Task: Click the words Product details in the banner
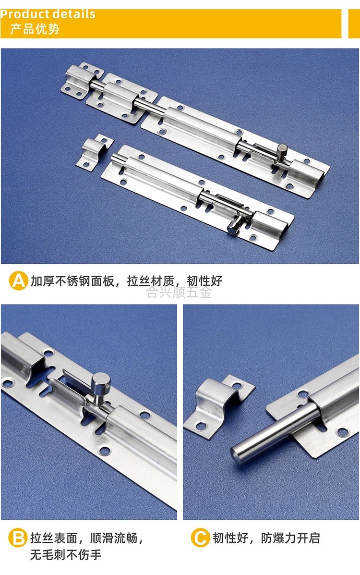(48, 14)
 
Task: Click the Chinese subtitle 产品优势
(35, 29)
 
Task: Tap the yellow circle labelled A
(19, 281)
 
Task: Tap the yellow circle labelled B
(17, 538)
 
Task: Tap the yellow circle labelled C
(200, 538)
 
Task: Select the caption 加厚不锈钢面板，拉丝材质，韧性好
(127, 281)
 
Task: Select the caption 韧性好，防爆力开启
(266, 538)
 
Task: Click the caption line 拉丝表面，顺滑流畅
(86, 538)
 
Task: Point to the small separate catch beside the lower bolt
(94, 151)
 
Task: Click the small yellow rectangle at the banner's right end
(351, 23)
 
